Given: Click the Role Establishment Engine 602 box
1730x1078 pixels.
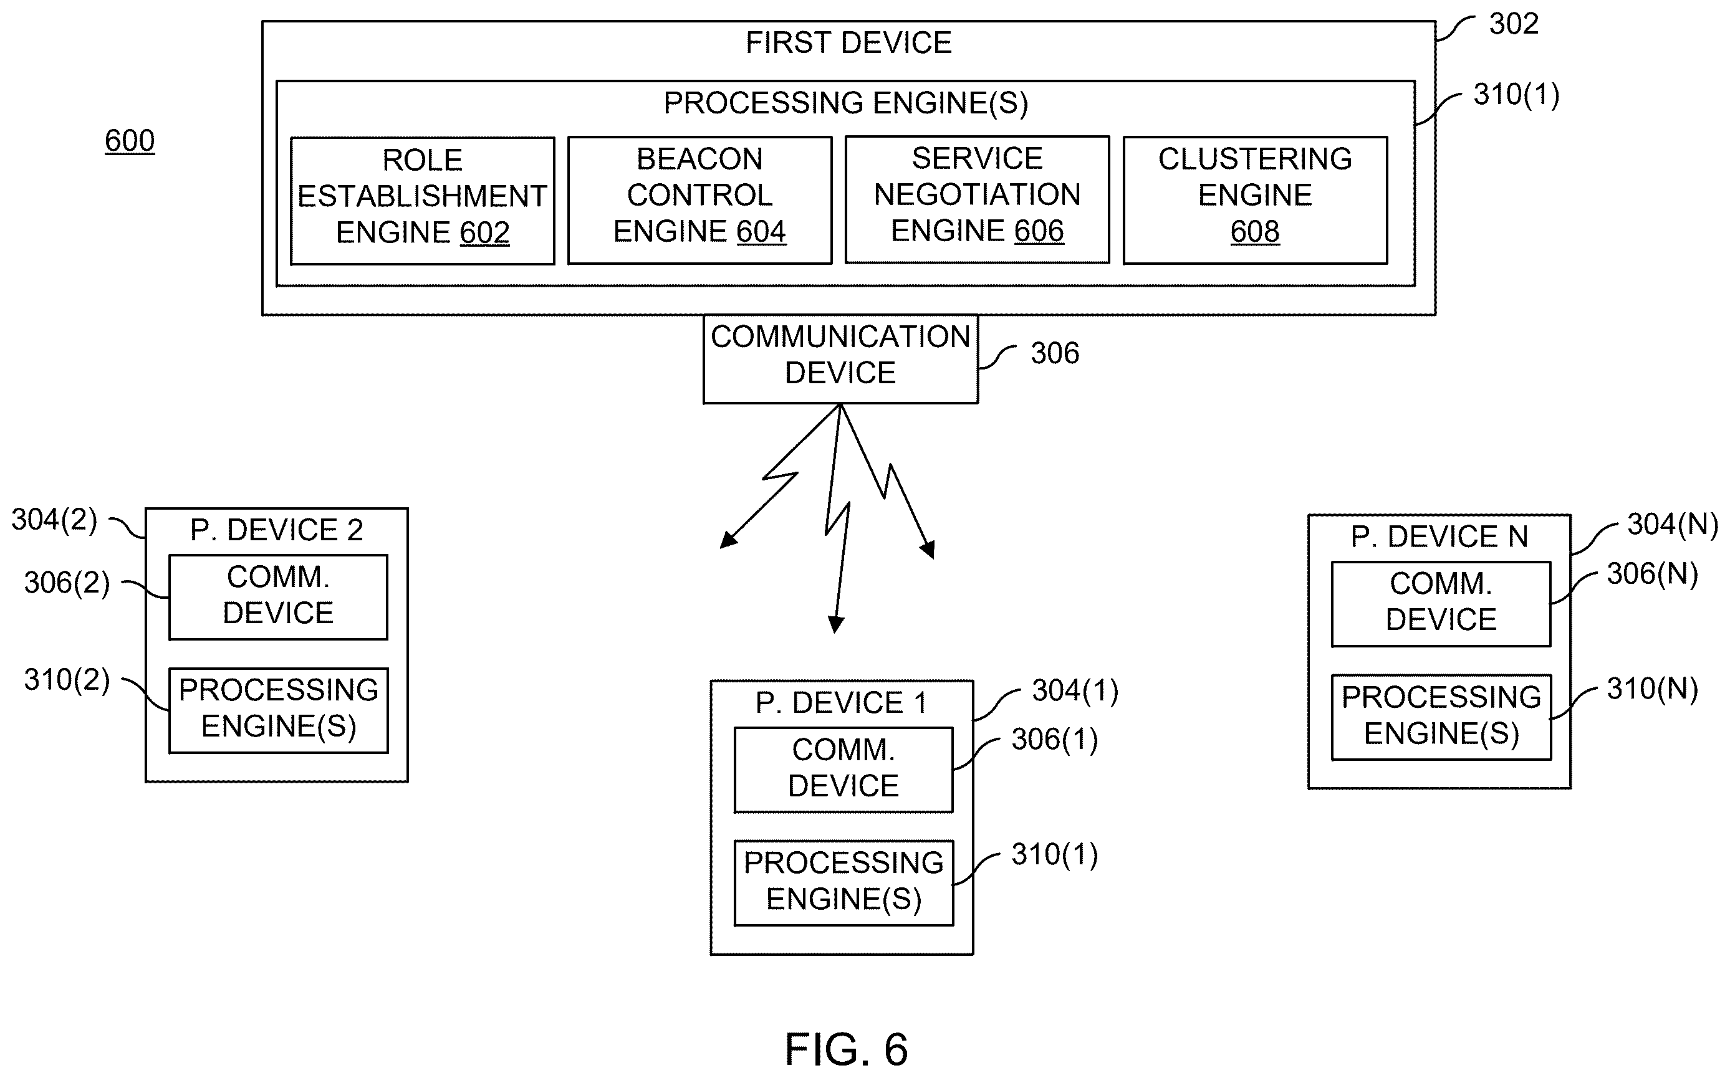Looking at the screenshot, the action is click(422, 201).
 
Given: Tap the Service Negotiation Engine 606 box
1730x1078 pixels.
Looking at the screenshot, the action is click(977, 199).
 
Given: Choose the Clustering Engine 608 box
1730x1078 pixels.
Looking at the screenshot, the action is click(1255, 199).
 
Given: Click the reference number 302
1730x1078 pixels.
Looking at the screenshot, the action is click(1513, 24).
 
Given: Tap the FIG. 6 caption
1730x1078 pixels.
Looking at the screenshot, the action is click(847, 1049).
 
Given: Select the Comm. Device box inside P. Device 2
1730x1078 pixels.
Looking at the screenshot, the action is click(278, 597).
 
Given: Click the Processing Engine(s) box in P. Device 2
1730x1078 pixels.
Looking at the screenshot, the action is click(278, 710).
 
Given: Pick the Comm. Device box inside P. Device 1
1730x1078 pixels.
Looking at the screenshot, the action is click(843, 770).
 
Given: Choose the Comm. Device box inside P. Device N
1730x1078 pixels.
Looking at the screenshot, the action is click(1441, 604).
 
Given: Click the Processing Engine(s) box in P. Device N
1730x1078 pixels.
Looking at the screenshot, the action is click(1441, 717).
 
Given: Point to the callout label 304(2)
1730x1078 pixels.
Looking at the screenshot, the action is click(54, 520).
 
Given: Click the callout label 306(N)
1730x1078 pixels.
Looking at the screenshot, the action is click(1652, 574).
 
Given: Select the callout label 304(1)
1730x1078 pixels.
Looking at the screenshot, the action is click(1075, 690).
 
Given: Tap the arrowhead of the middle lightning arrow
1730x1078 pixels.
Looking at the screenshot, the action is click(836, 624).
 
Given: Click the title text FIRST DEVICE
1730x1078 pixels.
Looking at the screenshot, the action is click(848, 43).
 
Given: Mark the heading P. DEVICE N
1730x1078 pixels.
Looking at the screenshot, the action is click(1439, 536).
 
